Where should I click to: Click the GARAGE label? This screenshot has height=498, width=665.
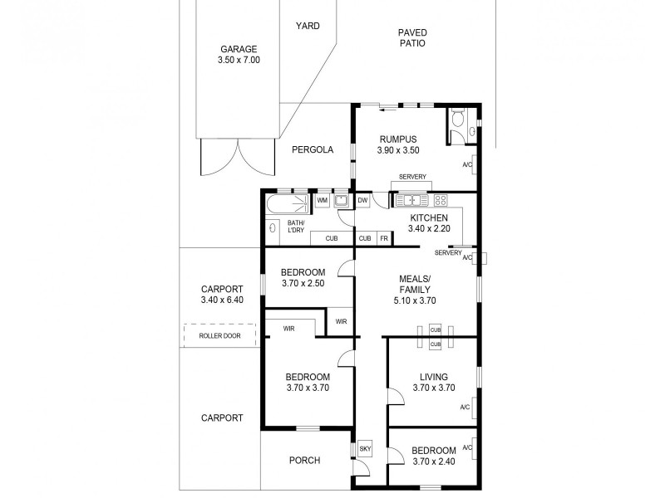(239, 49)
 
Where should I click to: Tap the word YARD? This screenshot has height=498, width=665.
(308, 26)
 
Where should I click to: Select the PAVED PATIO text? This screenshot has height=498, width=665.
(411, 37)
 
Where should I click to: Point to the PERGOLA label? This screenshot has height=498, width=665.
(313, 150)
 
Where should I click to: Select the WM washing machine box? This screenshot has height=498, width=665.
(322, 201)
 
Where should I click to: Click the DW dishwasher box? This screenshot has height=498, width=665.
(363, 201)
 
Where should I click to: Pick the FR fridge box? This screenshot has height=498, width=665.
(383, 238)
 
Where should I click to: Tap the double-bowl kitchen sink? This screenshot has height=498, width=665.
(411, 200)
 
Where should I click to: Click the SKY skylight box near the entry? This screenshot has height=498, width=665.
(364, 449)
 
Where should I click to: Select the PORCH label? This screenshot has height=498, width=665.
(304, 461)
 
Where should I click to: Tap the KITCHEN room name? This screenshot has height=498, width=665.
(429, 217)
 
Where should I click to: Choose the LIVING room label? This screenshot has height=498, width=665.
(433, 376)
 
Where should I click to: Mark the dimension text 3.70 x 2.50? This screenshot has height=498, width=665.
(302, 283)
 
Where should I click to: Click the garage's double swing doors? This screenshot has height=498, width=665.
(238, 156)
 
